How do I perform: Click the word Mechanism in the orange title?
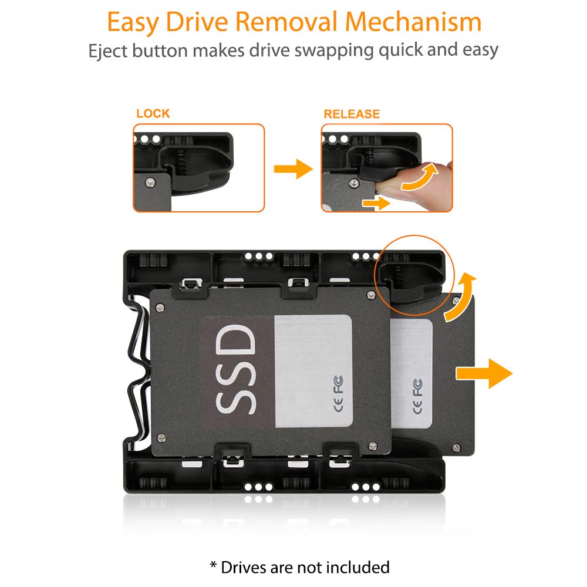pos(413,22)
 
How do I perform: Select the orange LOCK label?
pos(153,113)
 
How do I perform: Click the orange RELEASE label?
pos(352,114)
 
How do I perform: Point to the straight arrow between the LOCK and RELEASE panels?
pos(293,169)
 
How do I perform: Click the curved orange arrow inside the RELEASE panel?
pos(419,177)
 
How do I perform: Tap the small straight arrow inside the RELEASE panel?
pos(376,203)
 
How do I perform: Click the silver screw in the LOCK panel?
pos(150,183)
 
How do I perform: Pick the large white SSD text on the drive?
pos(236,369)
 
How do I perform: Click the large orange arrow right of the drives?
pos(484,373)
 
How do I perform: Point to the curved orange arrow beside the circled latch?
pos(460,298)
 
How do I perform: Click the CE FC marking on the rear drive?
pos(417,396)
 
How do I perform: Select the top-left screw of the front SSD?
pos(160,308)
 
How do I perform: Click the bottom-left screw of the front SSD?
pos(162,437)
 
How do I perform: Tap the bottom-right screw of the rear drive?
pos(456,447)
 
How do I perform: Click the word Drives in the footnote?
pos(244,568)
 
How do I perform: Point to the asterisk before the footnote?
pos(214,565)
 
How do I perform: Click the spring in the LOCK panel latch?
pos(181,161)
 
